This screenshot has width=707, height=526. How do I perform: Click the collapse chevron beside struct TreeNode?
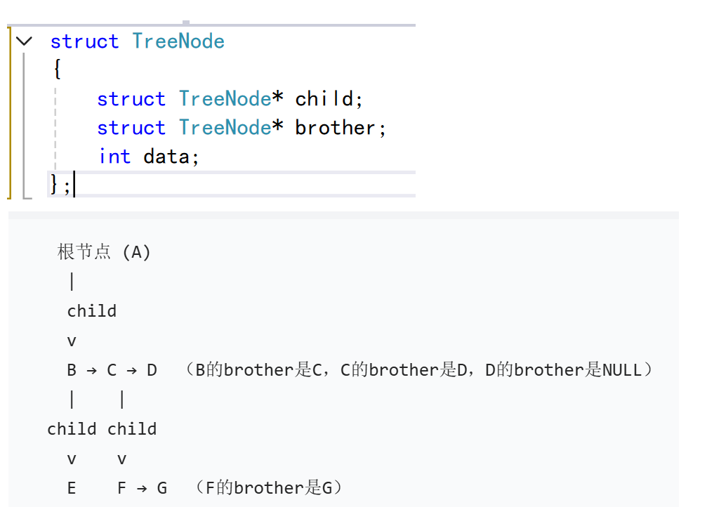[24, 41]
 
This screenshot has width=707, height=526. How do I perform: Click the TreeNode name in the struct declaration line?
[178, 41]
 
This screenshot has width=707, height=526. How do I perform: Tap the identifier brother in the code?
[335, 128]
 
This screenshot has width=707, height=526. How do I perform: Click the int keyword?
[114, 156]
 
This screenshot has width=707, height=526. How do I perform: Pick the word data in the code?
[166, 156]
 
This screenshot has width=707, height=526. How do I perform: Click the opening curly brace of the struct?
[57, 70]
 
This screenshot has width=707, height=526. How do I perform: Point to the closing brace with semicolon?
[60, 185]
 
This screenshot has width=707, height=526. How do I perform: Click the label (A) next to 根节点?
[136, 252]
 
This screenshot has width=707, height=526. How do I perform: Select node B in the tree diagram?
[72, 370]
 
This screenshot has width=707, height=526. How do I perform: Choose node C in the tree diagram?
[112, 370]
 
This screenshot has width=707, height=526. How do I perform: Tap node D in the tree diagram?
[152, 370]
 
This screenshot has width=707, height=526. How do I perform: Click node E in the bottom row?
[72, 488]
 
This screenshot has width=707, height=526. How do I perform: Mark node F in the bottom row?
[121, 488]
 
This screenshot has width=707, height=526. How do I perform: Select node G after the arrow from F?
[161, 488]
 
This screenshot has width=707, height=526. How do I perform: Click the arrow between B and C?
[91, 370]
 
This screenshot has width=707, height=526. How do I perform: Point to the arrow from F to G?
[141, 488]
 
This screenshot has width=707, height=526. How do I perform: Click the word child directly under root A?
[91, 311]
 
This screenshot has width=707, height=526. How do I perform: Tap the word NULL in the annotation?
[622, 370]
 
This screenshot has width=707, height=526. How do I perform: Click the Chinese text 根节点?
[84, 252]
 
